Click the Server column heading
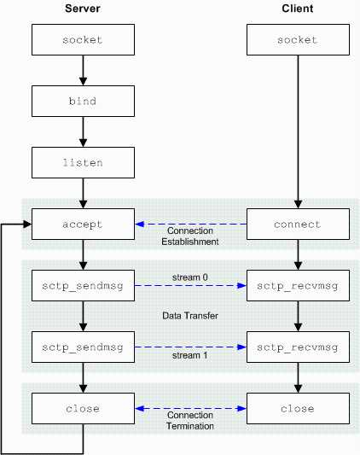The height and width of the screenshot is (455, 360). tap(83, 9)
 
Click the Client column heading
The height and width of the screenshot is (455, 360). tap(298, 9)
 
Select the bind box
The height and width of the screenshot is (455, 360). tap(83, 102)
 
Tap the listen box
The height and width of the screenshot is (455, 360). tap(83, 163)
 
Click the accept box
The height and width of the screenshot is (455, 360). tap(83, 225)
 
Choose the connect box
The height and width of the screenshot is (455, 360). tap(298, 225)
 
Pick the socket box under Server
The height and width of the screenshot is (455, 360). tap(83, 40)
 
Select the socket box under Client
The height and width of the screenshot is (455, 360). tap(298, 40)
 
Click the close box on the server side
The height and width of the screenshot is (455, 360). tap(83, 409)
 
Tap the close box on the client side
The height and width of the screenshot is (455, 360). tap(298, 409)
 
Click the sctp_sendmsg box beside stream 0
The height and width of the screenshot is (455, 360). tap(83, 286)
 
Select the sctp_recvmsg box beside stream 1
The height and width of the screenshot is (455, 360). tap(298, 347)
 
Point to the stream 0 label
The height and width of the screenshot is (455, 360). tap(190, 277)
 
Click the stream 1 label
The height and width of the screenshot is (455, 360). tap(190, 355)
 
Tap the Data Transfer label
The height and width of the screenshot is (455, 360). tap(190, 316)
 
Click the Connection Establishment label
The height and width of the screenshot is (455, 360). tap(190, 236)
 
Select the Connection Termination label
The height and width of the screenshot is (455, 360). tap(190, 421)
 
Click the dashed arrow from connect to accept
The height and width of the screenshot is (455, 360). tap(191, 224)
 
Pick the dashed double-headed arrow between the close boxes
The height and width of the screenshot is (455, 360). tap(190, 409)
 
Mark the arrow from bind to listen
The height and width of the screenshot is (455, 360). tap(83, 132)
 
